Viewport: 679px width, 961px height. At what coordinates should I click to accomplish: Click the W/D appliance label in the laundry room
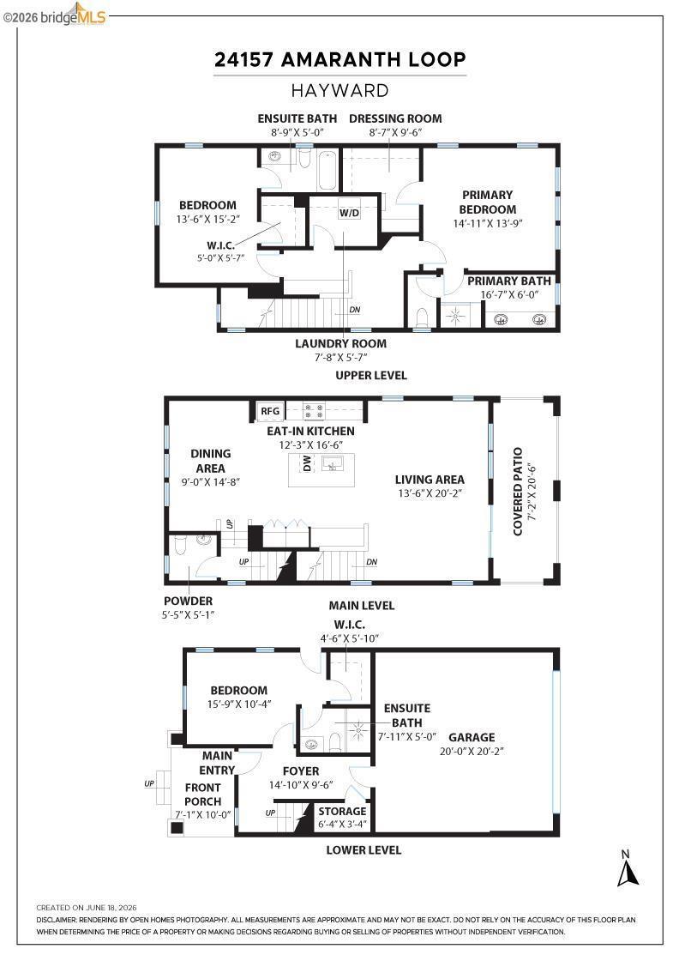click(349, 213)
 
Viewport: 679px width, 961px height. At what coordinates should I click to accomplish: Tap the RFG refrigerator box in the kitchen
click(270, 411)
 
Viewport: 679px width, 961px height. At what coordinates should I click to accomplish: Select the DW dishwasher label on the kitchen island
click(307, 463)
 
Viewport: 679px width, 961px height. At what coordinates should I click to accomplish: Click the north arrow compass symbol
click(628, 869)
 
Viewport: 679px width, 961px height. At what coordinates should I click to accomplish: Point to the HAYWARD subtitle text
click(339, 91)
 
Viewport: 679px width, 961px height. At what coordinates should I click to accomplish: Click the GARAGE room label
click(472, 737)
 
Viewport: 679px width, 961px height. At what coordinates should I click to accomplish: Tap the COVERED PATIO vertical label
click(518, 492)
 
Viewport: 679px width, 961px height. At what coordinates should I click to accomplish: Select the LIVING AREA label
click(430, 480)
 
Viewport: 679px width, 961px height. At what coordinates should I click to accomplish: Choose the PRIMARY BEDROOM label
click(487, 202)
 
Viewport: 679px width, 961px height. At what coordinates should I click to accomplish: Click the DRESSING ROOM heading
click(395, 118)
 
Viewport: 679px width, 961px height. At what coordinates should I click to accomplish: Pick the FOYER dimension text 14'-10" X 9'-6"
click(301, 785)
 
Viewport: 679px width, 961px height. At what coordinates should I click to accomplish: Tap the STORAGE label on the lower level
click(342, 811)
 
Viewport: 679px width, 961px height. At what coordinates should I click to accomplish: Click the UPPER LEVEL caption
click(371, 375)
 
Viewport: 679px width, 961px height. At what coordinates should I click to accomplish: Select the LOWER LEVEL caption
click(364, 850)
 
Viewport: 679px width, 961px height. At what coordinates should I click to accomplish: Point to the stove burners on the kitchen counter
click(314, 411)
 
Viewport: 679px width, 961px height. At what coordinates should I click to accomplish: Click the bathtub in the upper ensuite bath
click(327, 170)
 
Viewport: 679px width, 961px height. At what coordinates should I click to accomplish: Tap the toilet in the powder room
click(180, 545)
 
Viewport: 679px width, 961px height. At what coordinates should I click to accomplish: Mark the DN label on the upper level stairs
click(354, 310)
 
